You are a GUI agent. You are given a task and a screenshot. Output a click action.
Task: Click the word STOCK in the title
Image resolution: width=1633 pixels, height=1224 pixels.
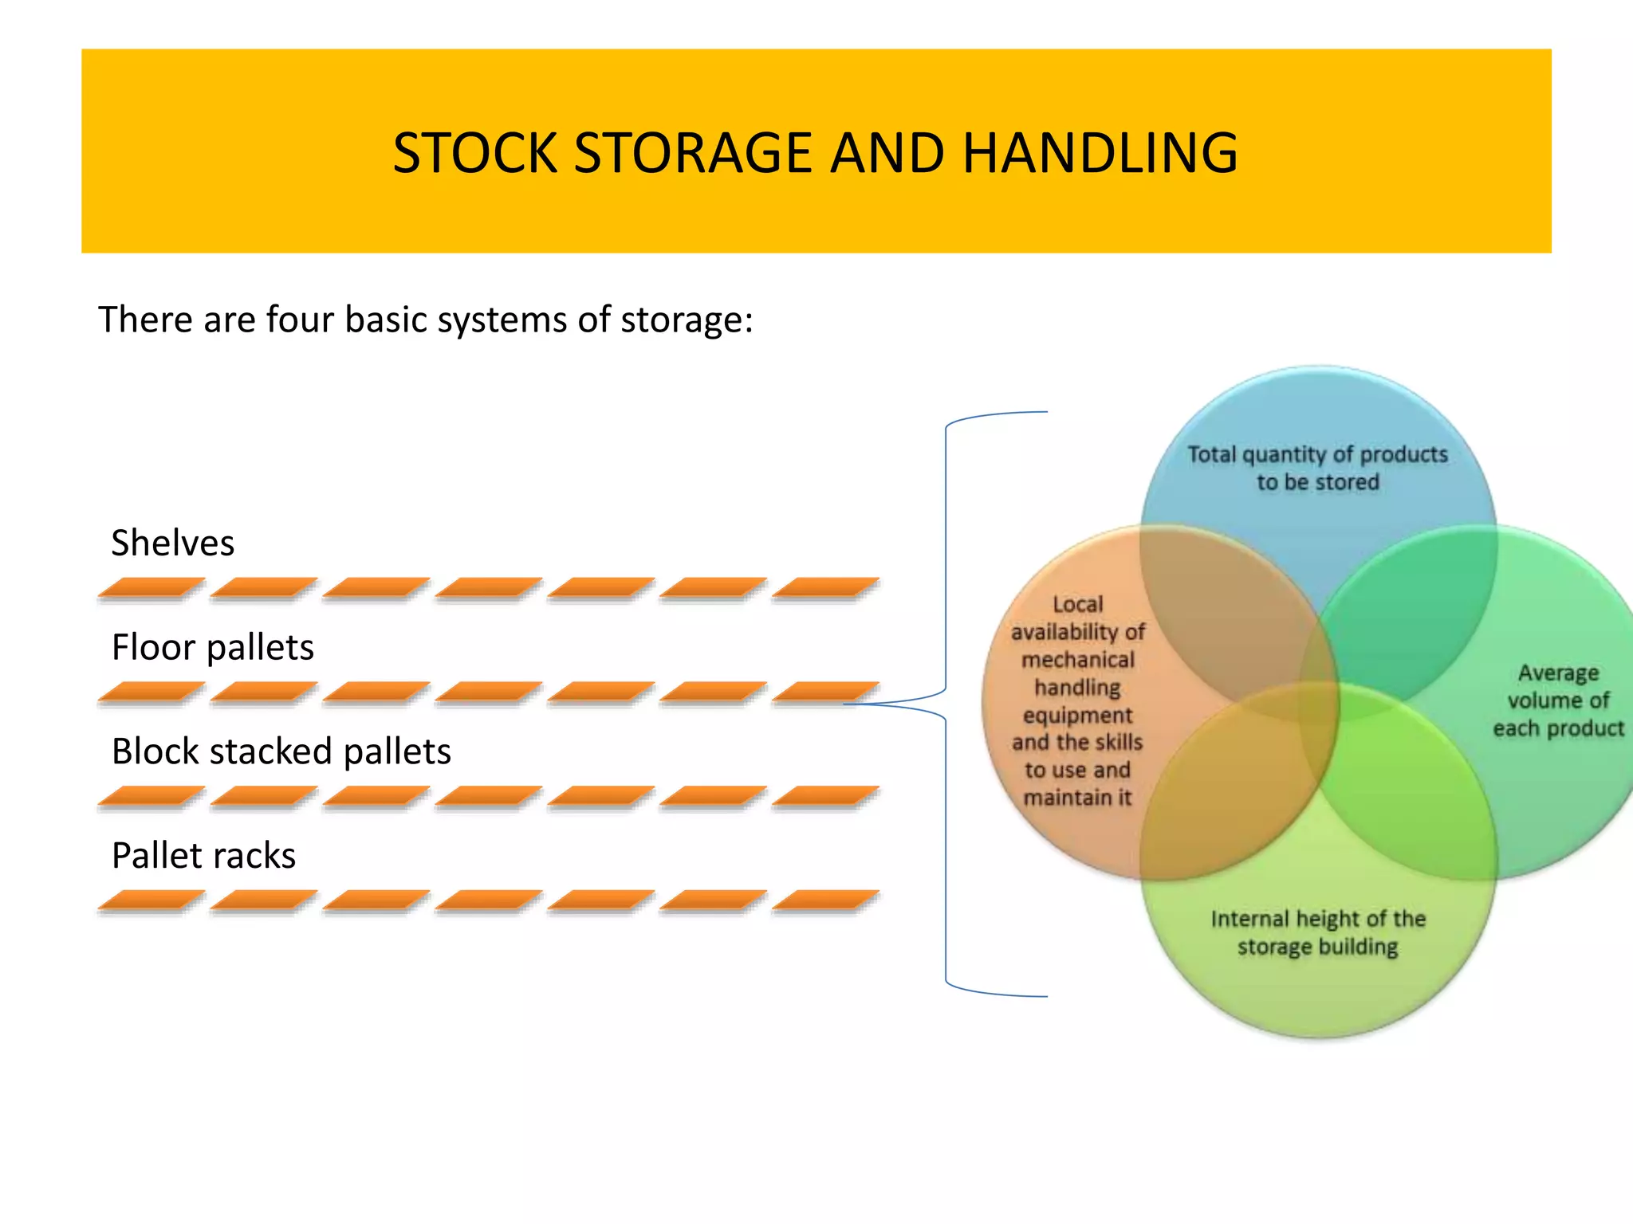pyautogui.click(x=474, y=153)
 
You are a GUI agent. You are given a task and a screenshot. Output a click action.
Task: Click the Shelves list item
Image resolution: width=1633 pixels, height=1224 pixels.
pyautogui.click(x=172, y=543)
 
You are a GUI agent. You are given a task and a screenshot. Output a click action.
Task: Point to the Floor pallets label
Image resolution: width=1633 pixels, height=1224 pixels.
pyautogui.click(x=212, y=647)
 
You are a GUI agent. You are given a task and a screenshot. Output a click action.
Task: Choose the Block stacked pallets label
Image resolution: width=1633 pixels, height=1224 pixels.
pyautogui.click(x=281, y=751)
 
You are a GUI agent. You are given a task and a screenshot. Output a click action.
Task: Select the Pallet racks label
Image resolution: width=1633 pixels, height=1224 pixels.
pyautogui.click(x=203, y=856)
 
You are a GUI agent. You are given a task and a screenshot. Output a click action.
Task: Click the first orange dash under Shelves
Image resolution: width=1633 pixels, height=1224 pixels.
pyautogui.click(x=151, y=588)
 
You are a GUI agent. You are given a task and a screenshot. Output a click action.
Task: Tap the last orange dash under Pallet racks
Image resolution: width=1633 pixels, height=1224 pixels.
pyautogui.click(x=825, y=900)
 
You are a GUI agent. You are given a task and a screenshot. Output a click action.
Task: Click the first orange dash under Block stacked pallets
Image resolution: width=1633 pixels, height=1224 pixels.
pyautogui.click(x=151, y=796)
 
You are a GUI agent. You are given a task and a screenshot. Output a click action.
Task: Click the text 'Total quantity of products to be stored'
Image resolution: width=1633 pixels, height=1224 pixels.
pyautogui.click(x=1317, y=468)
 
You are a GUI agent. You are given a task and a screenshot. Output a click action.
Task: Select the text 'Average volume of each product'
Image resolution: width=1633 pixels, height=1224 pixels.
pyautogui.click(x=1558, y=700)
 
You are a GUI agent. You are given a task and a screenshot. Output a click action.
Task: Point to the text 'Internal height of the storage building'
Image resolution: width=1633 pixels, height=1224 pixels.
pyautogui.click(x=1317, y=932)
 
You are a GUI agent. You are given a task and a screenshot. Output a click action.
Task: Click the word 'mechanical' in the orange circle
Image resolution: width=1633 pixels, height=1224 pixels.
pyautogui.click(x=1077, y=660)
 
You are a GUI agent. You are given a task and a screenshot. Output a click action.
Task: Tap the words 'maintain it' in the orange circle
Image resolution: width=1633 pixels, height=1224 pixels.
pyautogui.click(x=1077, y=798)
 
